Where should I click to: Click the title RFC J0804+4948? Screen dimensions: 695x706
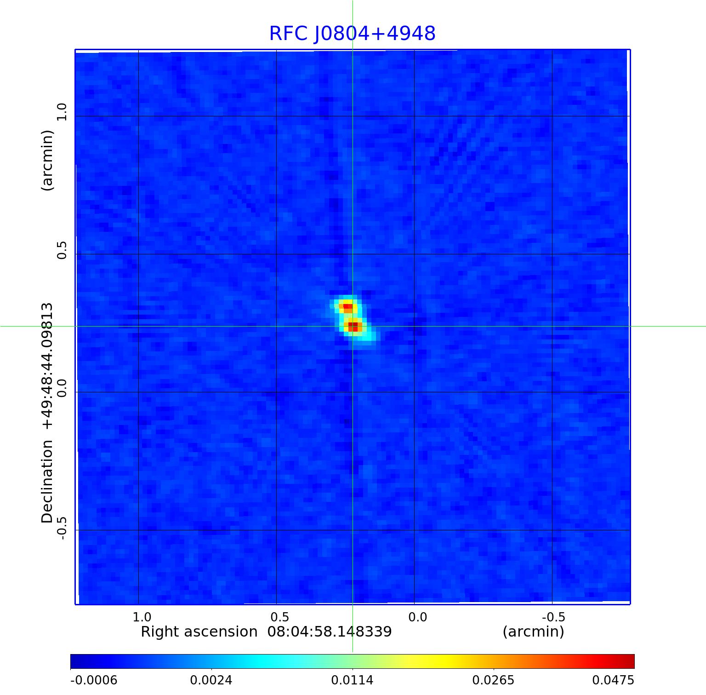pos(352,34)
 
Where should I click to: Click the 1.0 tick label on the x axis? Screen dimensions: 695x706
pos(142,616)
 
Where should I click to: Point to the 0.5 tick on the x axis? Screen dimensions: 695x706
pos(280,616)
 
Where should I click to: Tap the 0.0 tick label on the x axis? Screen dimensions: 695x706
pos(418,616)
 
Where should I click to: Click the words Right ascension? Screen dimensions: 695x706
pos(199,632)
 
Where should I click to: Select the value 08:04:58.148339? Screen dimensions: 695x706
pos(330,632)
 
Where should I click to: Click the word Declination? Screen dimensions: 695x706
pos(47,482)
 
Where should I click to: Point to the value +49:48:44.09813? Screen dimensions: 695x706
pos(47,366)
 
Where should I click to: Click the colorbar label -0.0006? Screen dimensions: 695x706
pos(93,680)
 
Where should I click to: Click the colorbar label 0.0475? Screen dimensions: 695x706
pos(613,680)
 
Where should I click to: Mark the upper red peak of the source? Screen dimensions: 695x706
pos(347,306)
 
